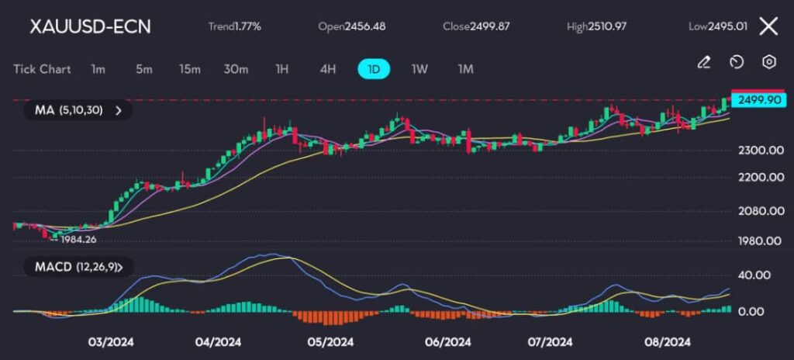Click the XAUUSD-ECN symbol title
(x=90, y=26)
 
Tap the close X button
(x=768, y=26)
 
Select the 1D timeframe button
(x=374, y=69)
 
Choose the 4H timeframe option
(x=328, y=69)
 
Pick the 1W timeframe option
(x=419, y=69)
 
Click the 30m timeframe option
(x=236, y=69)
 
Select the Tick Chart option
(x=42, y=69)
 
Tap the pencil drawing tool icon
(x=704, y=62)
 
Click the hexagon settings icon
(x=769, y=62)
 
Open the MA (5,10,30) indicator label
(x=78, y=110)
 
